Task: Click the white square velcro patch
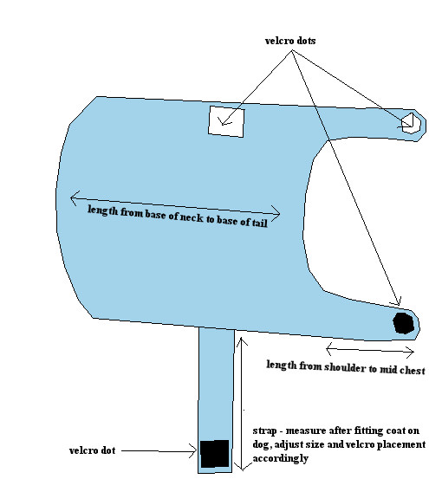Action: point(226,121)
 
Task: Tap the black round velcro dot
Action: point(403,323)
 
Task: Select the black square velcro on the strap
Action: point(215,454)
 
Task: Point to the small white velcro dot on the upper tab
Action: point(411,123)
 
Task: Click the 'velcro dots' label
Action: point(290,41)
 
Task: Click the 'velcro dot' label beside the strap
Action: point(92,450)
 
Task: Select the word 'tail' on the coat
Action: point(260,222)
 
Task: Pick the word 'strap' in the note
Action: point(264,431)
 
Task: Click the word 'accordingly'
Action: point(280,458)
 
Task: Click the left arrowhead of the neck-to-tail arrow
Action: point(75,198)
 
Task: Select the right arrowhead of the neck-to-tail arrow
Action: point(276,214)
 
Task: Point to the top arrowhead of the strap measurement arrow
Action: point(242,340)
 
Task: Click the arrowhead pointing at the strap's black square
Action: point(192,451)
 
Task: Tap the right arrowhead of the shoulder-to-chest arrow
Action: point(410,352)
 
